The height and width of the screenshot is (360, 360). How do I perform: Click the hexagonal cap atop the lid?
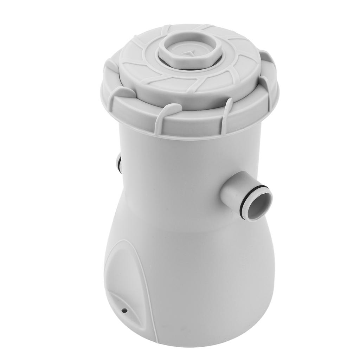(190, 49)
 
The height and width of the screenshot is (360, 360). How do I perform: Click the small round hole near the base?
(124, 310)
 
